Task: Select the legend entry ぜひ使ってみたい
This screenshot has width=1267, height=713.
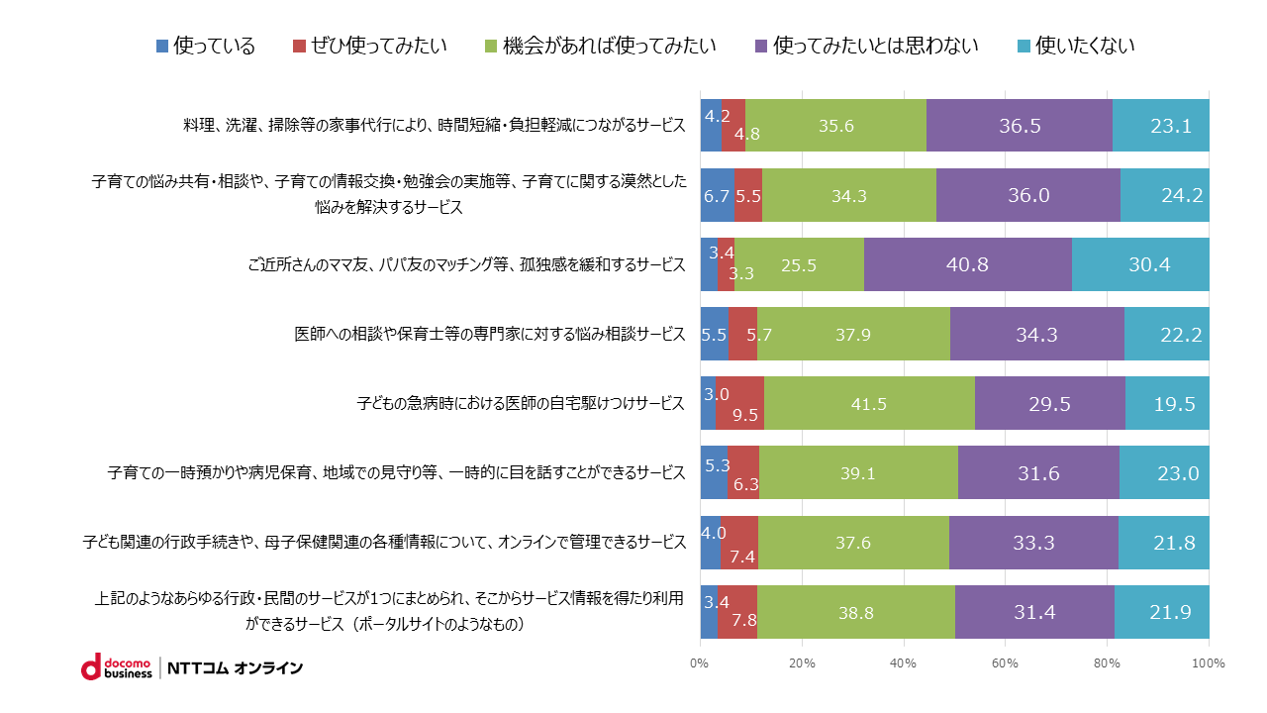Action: [x=369, y=46]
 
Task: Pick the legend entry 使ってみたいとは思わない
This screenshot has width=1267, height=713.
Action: [x=866, y=46]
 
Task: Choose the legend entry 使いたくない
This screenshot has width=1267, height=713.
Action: [x=1075, y=46]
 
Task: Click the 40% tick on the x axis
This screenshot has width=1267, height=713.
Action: [x=904, y=662]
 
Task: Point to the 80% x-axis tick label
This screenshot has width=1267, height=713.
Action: [x=1107, y=662]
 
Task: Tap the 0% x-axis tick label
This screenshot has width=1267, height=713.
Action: [x=700, y=662]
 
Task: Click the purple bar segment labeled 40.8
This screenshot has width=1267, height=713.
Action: [x=967, y=264]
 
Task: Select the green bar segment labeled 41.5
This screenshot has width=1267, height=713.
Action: [x=869, y=403]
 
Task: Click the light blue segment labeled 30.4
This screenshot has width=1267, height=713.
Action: [x=1140, y=264]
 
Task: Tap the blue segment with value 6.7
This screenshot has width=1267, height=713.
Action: [x=717, y=195]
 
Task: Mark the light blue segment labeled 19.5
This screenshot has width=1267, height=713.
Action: [x=1167, y=403]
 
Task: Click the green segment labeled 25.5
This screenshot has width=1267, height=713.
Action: [x=799, y=264]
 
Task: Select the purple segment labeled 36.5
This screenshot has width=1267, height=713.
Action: [x=1019, y=126]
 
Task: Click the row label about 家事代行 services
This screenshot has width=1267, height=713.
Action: [x=434, y=126]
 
